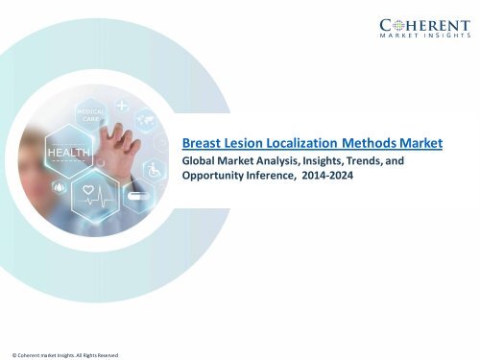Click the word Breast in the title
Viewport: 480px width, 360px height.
click(203, 143)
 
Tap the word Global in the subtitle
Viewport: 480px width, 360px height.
click(200, 162)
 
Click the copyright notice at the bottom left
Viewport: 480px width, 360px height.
click(60, 354)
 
